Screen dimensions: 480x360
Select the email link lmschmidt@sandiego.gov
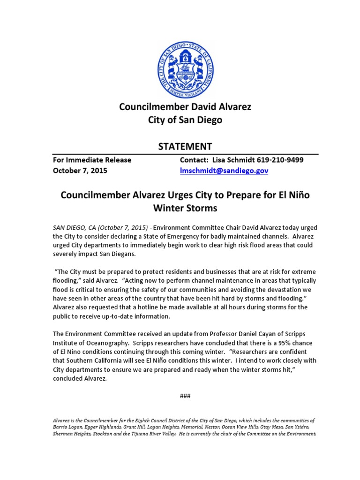point(224,171)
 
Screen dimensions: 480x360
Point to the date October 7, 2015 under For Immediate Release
point(80,171)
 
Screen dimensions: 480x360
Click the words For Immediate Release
point(92,160)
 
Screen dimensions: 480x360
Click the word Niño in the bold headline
point(297,194)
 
